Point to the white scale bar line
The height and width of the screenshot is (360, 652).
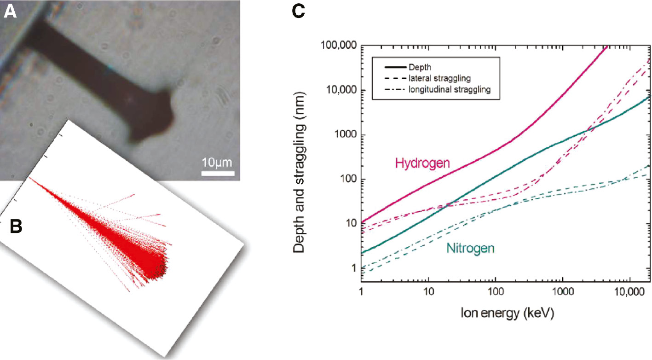pyautogui.click(x=218, y=174)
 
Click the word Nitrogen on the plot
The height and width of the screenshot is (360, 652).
pyautogui.click(x=470, y=249)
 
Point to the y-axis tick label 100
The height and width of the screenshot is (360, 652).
pyautogui.click(x=347, y=180)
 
